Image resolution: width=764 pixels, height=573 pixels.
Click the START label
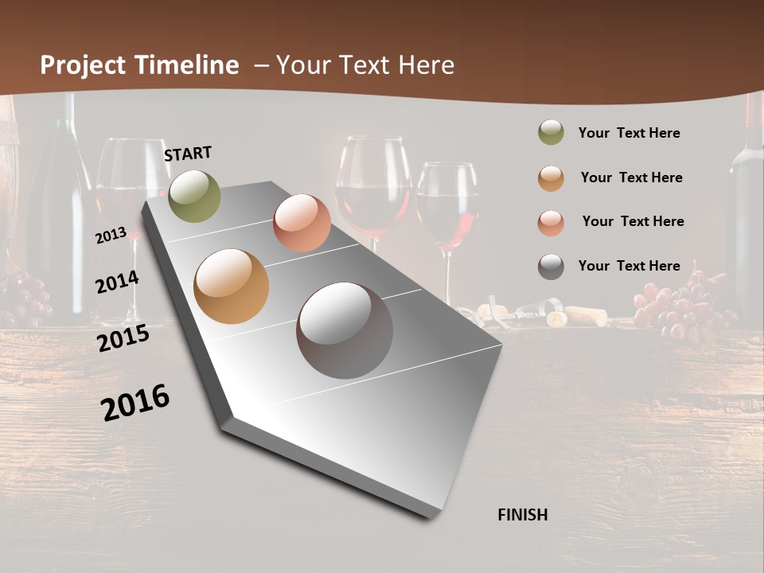[188, 154]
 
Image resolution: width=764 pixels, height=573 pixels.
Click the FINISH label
[523, 515]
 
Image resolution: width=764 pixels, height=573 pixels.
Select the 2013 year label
[111, 235]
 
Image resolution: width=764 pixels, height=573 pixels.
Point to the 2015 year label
[123, 338]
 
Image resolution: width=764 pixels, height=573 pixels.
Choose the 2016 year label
[135, 402]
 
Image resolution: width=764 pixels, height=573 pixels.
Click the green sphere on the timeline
[195, 196]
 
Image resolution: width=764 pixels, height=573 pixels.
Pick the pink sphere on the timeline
[302, 223]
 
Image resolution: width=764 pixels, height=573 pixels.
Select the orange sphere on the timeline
[231, 286]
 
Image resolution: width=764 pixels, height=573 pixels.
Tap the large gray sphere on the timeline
[345, 330]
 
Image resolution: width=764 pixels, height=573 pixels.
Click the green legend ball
[551, 133]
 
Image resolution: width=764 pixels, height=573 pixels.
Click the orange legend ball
[551, 177]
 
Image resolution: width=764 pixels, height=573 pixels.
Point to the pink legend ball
[551, 222]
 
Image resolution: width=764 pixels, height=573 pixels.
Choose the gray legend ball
[551, 267]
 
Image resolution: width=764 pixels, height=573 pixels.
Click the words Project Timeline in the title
[139, 65]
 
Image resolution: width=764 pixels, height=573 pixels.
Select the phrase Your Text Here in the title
[365, 65]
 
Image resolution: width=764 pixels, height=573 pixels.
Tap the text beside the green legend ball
[629, 133]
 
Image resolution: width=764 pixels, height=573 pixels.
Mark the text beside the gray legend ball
[629, 266]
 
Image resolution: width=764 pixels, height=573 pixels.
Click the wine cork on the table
[587, 316]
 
